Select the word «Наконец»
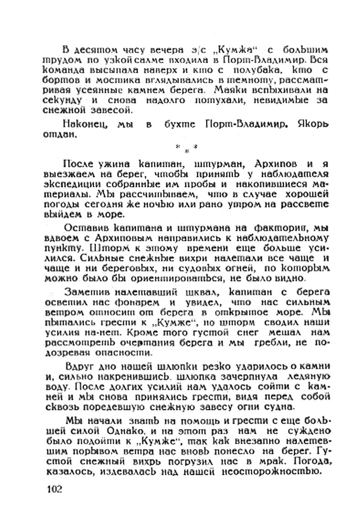click(x=83, y=123)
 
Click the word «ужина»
click(x=108, y=164)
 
